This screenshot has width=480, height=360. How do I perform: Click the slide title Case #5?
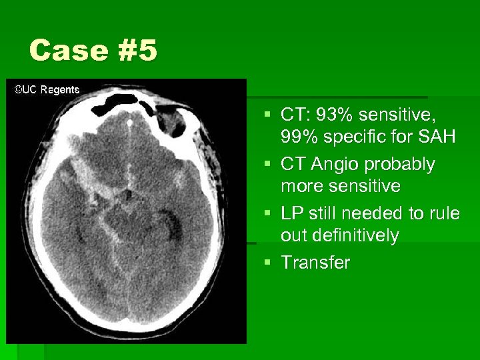pyautogui.click(x=93, y=51)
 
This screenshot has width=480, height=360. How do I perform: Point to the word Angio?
pyautogui.click(x=335, y=164)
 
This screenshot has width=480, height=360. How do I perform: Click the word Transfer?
pyautogui.click(x=315, y=263)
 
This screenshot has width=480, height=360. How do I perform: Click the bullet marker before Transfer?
pyautogui.click(x=267, y=263)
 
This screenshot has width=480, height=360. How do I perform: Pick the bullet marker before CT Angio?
pyautogui.click(x=267, y=164)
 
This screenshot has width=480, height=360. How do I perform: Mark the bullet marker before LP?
pyautogui.click(x=267, y=213)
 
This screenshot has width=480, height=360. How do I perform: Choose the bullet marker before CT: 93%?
pyautogui.click(x=267, y=116)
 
